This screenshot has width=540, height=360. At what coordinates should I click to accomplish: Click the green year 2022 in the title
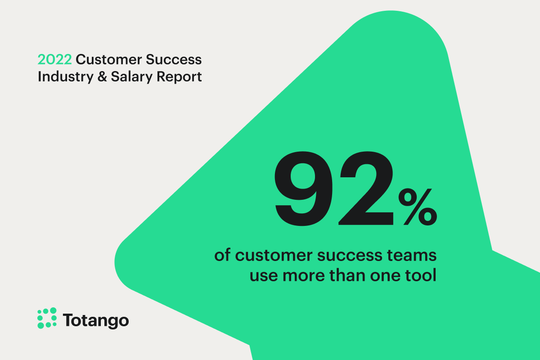click(54, 59)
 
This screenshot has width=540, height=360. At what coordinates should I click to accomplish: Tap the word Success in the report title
click(176, 59)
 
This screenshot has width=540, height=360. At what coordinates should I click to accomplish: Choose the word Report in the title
click(179, 77)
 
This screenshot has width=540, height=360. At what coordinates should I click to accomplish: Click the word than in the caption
click(345, 275)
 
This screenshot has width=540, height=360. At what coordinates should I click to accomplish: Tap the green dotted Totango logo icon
click(47, 318)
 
